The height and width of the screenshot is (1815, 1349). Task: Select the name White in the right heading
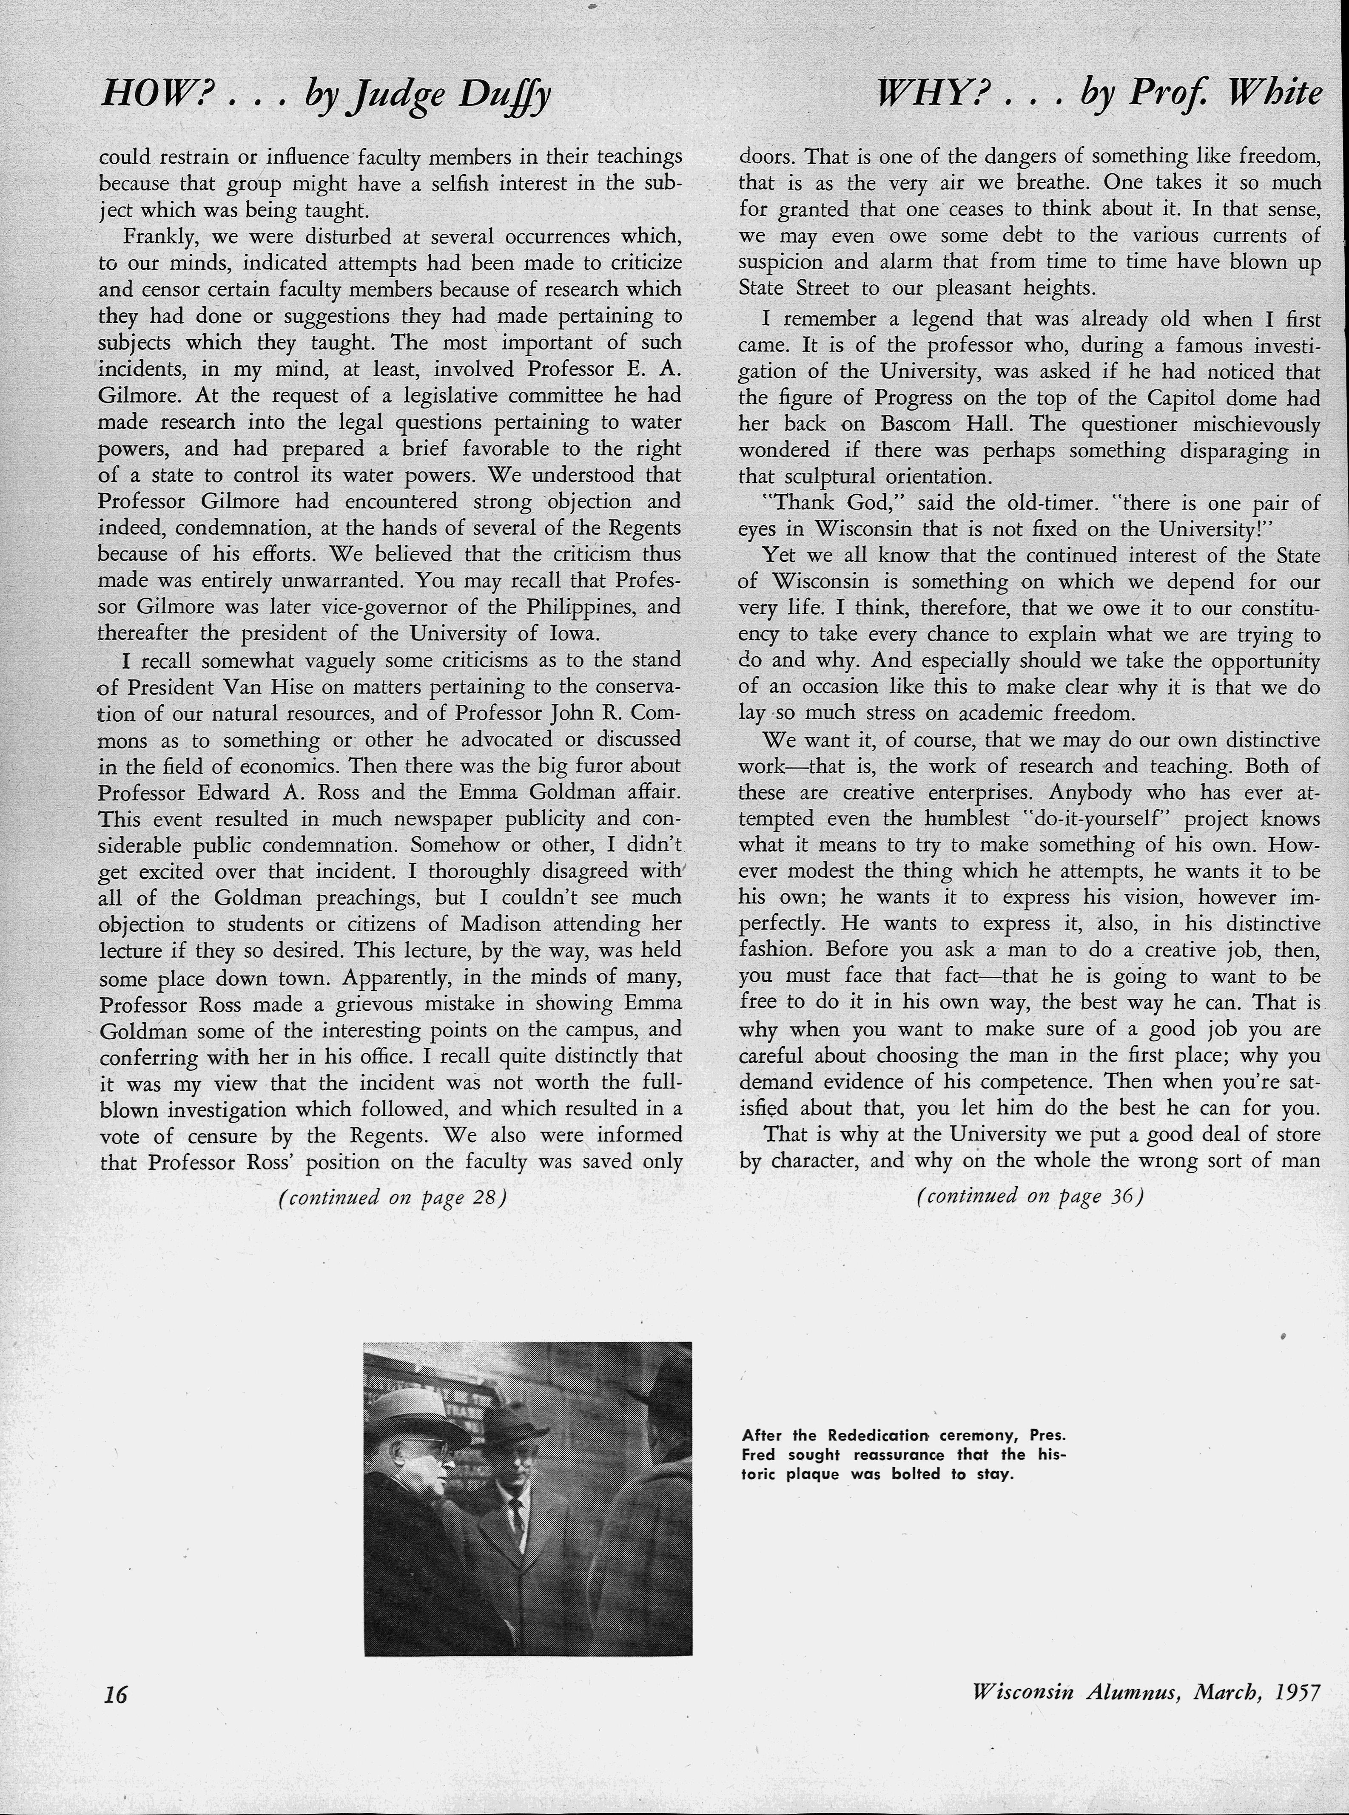pos(1274,96)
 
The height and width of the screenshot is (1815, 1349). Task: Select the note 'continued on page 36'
pos(1029,1196)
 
